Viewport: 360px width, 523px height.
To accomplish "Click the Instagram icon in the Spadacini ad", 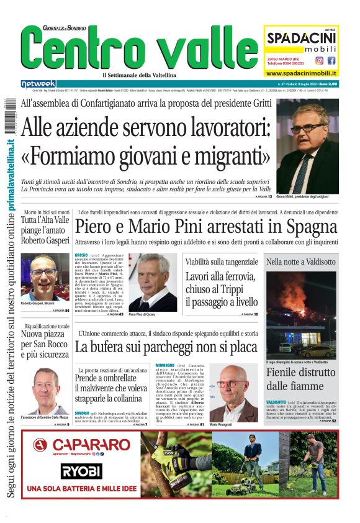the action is pos(320,61).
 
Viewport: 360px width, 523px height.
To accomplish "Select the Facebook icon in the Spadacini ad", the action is pos(331,61).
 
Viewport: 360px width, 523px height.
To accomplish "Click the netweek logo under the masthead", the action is pos(38,84).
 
